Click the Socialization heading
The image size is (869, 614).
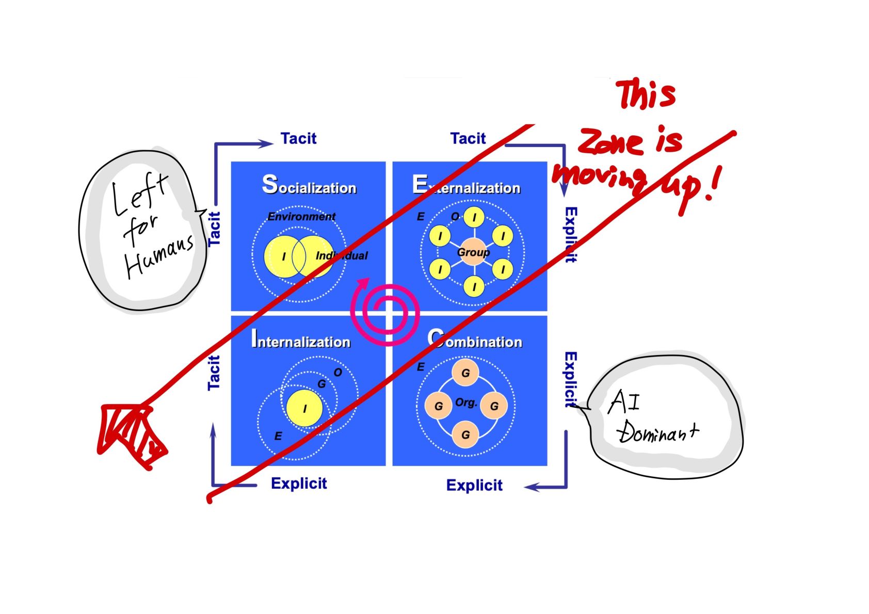click(x=309, y=185)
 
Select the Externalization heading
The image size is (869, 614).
click(x=466, y=185)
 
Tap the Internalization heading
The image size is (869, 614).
click(x=300, y=340)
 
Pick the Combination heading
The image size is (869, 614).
click(x=475, y=340)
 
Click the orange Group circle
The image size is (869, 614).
click(x=473, y=252)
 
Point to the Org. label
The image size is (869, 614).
click(x=465, y=402)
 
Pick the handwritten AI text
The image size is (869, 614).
click(x=624, y=402)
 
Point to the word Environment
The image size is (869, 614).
click(x=301, y=217)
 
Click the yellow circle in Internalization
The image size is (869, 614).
click(x=304, y=408)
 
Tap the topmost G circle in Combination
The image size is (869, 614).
click(x=465, y=373)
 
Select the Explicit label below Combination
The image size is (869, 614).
click(x=474, y=485)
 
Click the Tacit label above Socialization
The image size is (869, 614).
click(x=298, y=138)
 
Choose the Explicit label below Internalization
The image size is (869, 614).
click(x=299, y=483)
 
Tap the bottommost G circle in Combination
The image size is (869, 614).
click(x=465, y=434)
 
